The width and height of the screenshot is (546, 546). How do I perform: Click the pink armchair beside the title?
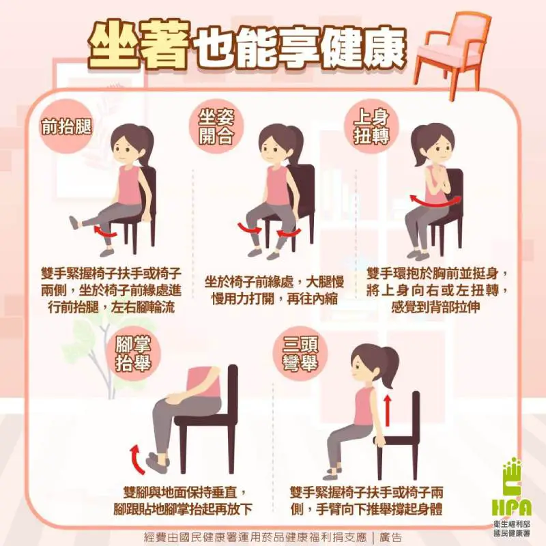click(x=452, y=53)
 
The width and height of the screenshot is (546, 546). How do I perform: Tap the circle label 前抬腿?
click(x=66, y=126)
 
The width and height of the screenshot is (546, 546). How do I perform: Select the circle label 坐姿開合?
click(x=216, y=126)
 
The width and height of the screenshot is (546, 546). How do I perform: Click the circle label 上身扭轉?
click(x=371, y=126)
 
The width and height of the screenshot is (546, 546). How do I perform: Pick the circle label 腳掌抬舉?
click(x=133, y=354)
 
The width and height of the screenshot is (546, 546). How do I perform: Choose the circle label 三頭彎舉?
click(x=300, y=354)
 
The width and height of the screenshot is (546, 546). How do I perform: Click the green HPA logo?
click(x=512, y=487)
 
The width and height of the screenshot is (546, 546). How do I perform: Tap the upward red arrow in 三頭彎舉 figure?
click(x=388, y=410)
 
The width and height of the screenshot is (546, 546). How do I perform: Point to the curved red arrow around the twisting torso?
click(x=435, y=202)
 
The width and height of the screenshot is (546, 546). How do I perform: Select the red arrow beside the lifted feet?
click(x=136, y=459)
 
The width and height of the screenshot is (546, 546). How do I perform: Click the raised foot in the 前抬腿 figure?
click(x=74, y=223)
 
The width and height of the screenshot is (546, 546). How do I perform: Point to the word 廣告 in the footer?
click(x=391, y=537)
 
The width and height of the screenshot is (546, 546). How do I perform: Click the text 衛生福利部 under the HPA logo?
click(x=512, y=523)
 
